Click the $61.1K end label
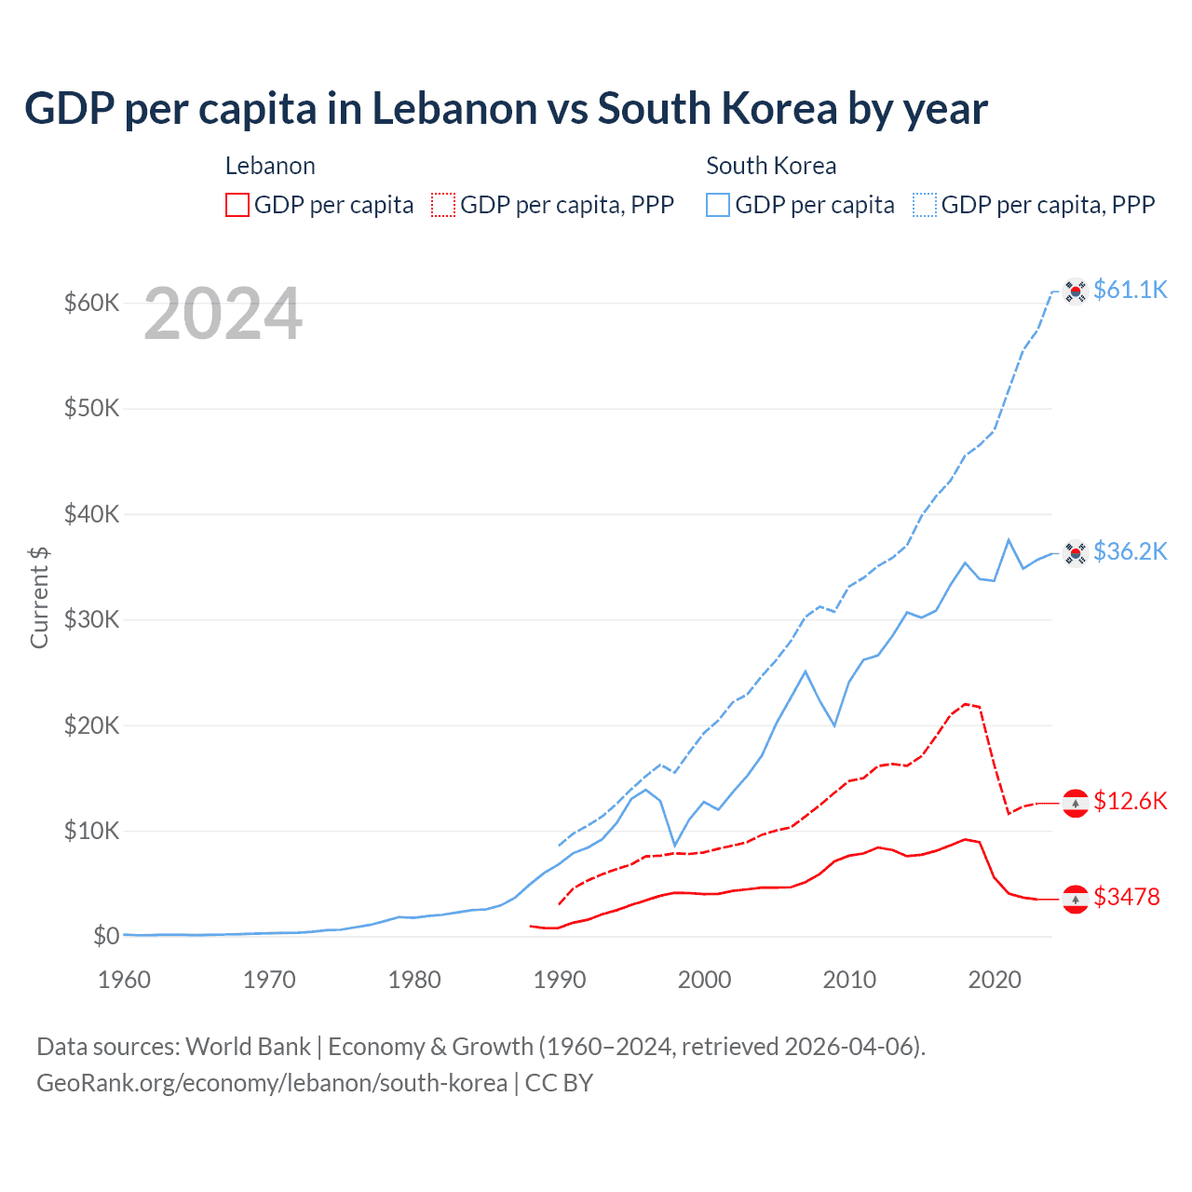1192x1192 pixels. [x=1130, y=291]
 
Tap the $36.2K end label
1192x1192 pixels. [x=1130, y=552]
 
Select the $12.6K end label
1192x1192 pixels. [x=1130, y=802]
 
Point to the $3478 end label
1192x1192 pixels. [x=1126, y=898]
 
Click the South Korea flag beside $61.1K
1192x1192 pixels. [x=1076, y=291]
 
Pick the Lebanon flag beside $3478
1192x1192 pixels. [x=1076, y=899]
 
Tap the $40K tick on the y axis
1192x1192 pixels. [x=91, y=514]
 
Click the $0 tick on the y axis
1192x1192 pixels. [x=106, y=936]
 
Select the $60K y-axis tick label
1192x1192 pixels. [x=91, y=304]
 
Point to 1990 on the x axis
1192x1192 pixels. [x=560, y=980]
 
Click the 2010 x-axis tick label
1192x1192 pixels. [x=849, y=980]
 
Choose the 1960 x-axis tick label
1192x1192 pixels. [x=124, y=980]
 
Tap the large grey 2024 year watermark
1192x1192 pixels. [x=223, y=315]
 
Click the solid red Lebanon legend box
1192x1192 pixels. [x=237, y=205]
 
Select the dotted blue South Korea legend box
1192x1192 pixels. [x=925, y=205]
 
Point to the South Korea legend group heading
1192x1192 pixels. [x=771, y=166]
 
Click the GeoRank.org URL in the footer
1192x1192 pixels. [x=272, y=1083]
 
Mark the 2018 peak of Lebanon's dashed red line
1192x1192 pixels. [x=965, y=704]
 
